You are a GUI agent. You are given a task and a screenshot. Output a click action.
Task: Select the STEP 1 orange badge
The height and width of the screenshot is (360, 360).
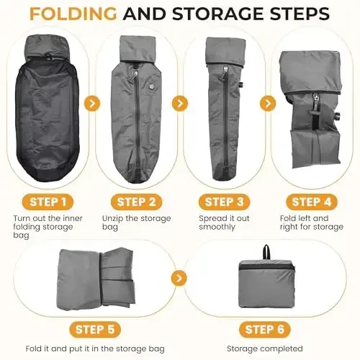pos(47,202)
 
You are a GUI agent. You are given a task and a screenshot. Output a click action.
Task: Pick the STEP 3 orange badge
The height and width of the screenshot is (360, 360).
pos(226,202)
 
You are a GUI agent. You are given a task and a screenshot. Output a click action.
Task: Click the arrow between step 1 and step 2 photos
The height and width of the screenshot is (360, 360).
pos(91,103)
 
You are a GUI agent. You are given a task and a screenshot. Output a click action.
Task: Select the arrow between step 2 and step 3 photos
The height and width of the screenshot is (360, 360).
pos(180,103)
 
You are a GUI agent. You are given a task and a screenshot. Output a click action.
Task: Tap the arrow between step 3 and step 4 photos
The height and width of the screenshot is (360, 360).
pos(269,103)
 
